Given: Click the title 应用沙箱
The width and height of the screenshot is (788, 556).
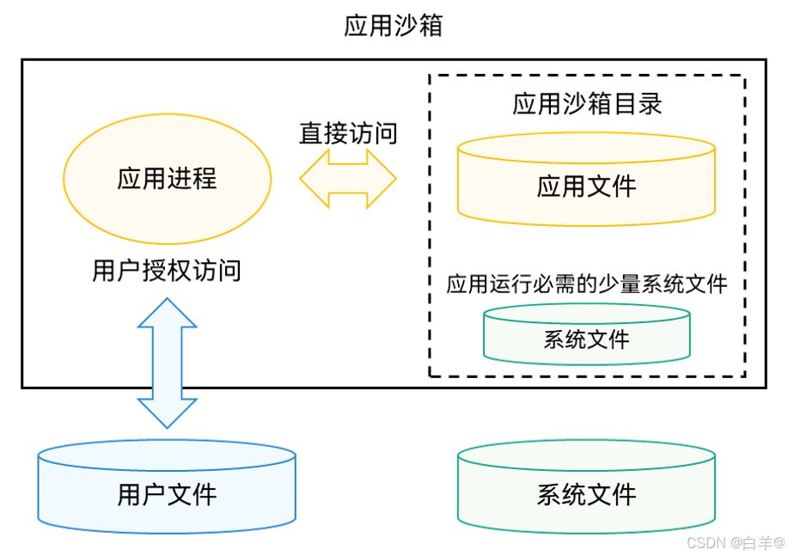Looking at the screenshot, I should tap(393, 27).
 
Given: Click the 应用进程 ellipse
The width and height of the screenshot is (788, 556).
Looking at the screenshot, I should tap(168, 179).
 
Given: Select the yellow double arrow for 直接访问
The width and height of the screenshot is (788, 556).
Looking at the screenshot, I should tap(348, 179).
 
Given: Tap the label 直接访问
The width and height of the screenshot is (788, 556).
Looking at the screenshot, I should tap(348, 133).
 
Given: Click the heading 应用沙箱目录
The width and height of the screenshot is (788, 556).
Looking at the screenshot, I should tap(587, 104).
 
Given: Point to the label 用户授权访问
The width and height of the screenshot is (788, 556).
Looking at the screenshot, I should tap(168, 272).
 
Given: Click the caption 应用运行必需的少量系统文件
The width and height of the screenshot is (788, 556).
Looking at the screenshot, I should tap(587, 284).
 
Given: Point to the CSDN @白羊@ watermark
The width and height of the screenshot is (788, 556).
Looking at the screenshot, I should tap(735, 541).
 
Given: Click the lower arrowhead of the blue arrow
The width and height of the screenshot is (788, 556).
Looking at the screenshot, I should tap(168, 414).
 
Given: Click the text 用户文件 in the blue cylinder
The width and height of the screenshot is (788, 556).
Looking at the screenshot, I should tap(168, 495).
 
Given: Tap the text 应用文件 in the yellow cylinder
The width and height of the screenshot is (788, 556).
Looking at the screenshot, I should tap(587, 186).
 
